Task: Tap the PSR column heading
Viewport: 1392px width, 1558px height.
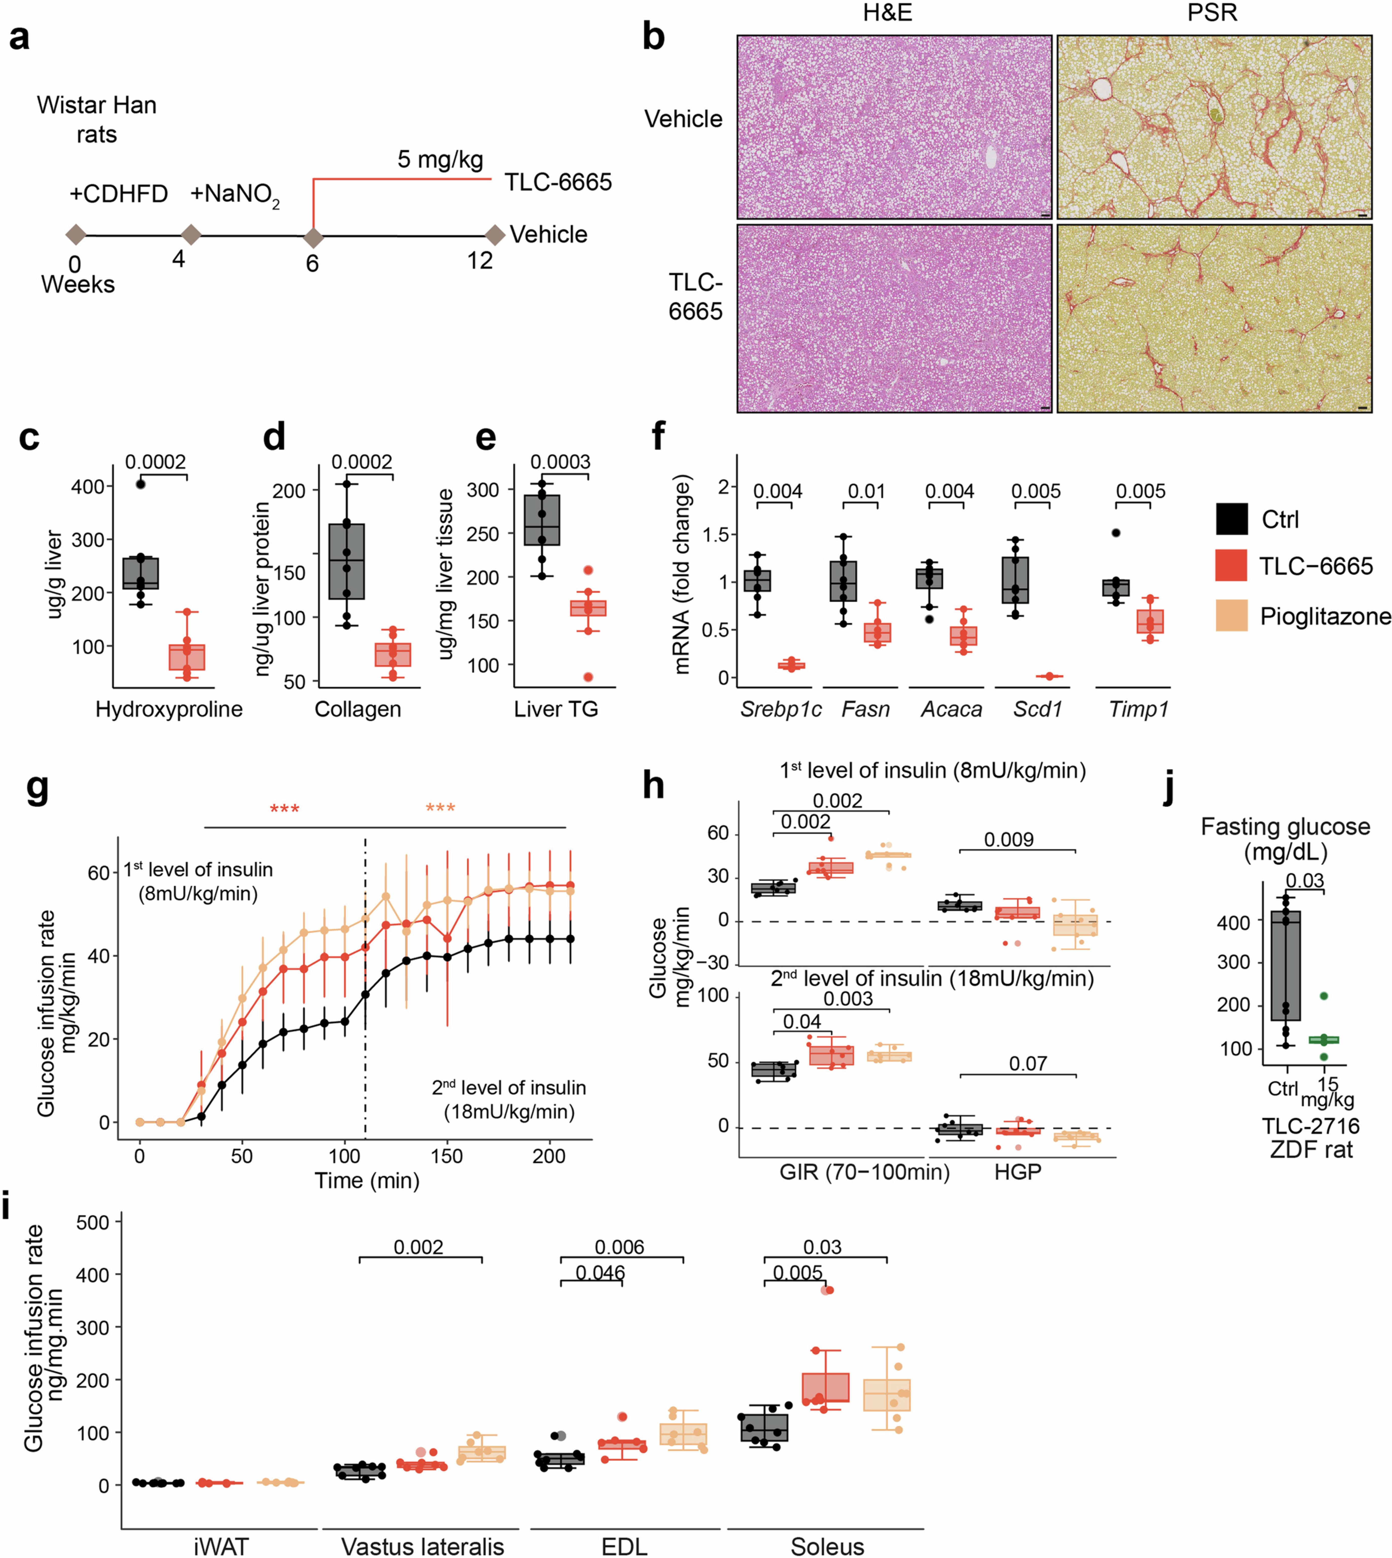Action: tap(1212, 13)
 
